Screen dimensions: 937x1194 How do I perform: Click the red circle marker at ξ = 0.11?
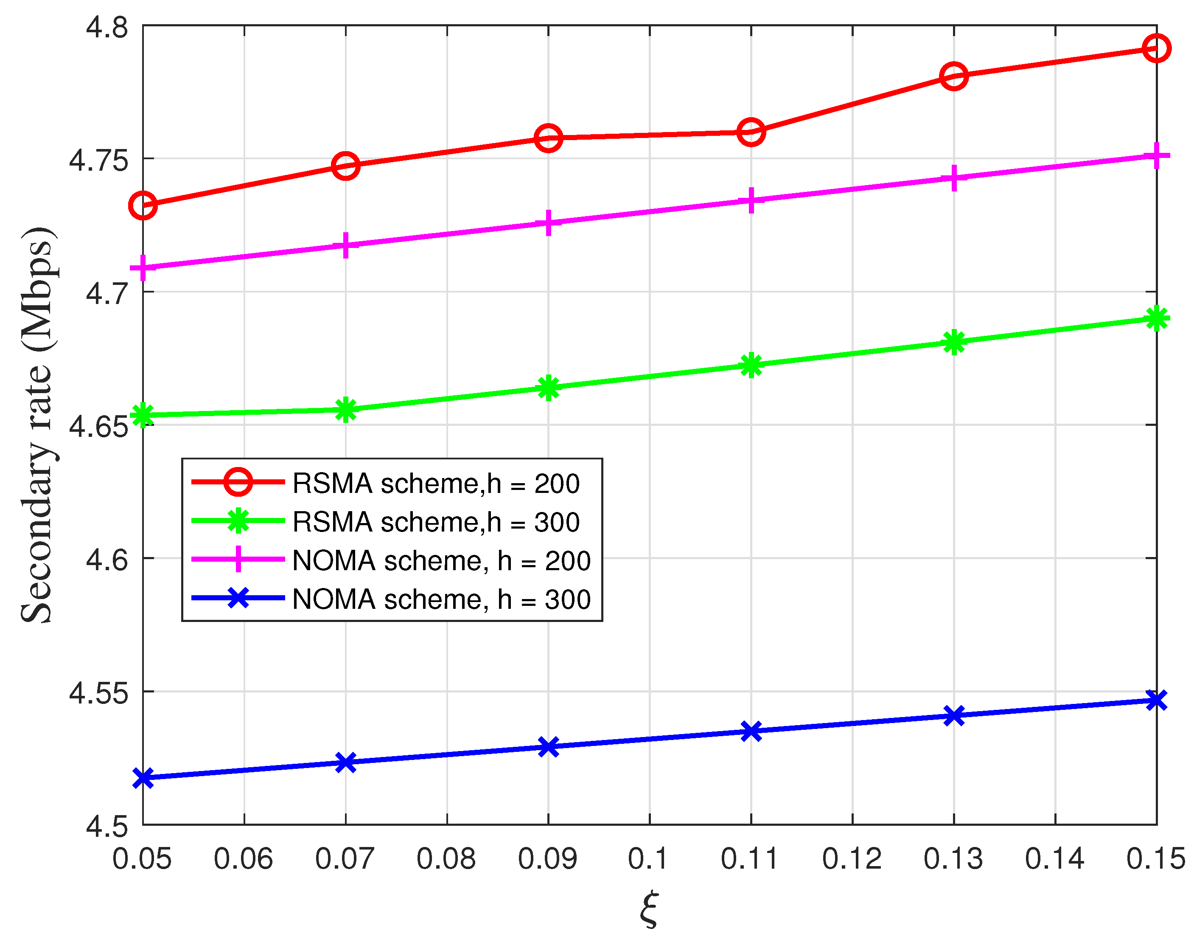pyautogui.click(x=751, y=132)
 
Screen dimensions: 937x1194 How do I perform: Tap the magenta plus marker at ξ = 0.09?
pyautogui.click(x=548, y=223)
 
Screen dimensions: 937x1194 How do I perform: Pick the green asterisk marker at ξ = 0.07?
pyautogui.click(x=345, y=409)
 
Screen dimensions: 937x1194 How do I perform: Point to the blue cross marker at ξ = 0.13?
pyautogui.click(x=954, y=716)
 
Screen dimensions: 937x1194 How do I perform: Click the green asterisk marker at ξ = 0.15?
pyautogui.click(x=1156, y=318)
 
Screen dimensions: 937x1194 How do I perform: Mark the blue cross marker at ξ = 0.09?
pyautogui.click(x=548, y=747)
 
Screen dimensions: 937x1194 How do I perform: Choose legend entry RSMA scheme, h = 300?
pyautogui.click(x=436, y=522)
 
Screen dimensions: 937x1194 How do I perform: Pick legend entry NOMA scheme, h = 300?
pyautogui.click(x=441, y=599)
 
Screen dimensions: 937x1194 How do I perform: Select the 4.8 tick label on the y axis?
pyautogui.click(x=107, y=28)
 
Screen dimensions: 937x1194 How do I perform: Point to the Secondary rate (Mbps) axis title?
pyautogui.click(x=37, y=425)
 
